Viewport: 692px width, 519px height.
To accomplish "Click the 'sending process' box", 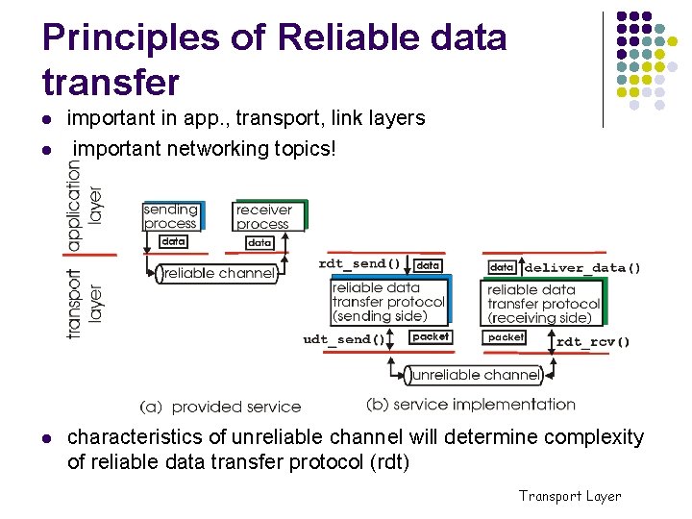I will (x=171, y=216).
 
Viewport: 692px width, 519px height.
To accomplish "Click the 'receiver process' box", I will (x=266, y=216).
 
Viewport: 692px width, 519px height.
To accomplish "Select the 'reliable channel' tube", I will (x=219, y=274).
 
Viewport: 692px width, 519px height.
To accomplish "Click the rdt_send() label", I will (x=358, y=263).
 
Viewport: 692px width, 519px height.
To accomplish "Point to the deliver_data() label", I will (x=582, y=268).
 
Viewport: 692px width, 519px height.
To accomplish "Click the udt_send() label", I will (x=343, y=339).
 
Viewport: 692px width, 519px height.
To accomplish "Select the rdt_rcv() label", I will (x=592, y=341).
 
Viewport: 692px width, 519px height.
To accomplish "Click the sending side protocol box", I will (x=388, y=302).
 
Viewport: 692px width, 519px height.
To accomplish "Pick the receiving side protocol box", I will (x=543, y=303).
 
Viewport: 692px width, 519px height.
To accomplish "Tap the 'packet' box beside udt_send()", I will (x=430, y=337).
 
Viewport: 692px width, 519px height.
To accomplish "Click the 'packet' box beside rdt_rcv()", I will (x=507, y=337).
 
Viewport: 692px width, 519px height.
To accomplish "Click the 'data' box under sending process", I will (x=173, y=242).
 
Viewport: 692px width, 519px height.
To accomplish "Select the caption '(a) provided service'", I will (x=220, y=407).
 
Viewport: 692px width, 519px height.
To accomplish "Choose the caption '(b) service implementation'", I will (x=471, y=405).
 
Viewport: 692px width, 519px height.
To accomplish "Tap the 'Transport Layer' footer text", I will (x=570, y=496).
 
